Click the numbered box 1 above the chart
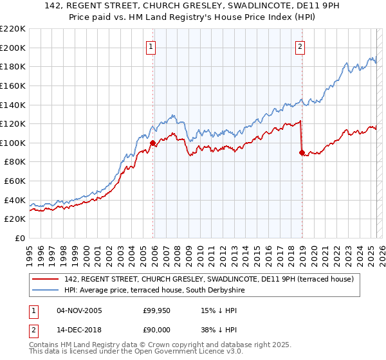point(151,46)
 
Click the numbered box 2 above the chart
point(300,46)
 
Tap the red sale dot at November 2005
point(153,143)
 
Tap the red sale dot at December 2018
point(302,152)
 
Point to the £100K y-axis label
point(13,143)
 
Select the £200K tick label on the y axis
point(13,48)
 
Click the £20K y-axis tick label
point(15,219)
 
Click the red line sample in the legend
point(46,279)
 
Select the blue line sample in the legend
point(46,290)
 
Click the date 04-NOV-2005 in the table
point(79,311)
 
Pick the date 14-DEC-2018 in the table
point(79,329)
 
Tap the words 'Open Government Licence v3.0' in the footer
point(181,353)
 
